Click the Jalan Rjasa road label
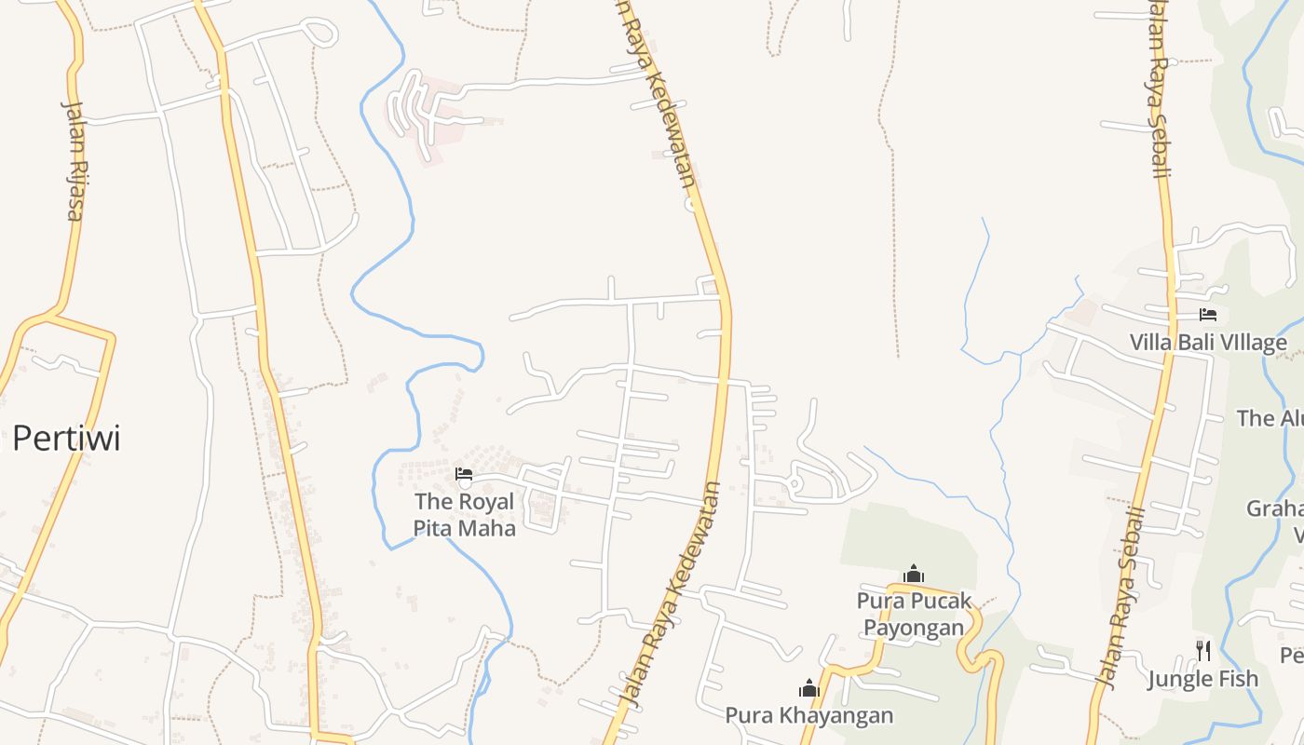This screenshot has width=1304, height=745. pyautogui.click(x=74, y=159)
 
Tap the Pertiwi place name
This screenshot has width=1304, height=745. pyautogui.click(x=66, y=438)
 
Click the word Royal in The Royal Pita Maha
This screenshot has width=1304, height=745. pyautogui.click(x=486, y=502)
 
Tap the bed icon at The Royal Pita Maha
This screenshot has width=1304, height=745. pyautogui.click(x=464, y=475)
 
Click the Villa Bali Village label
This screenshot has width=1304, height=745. pyautogui.click(x=1208, y=343)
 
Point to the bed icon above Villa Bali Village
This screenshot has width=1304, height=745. pyautogui.click(x=1208, y=315)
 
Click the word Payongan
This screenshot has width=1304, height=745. pyautogui.click(x=914, y=627)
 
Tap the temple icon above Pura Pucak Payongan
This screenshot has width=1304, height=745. pyautogui.click(x=914, y=573)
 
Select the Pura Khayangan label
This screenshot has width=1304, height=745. pyautogui.click(x=809, y=715)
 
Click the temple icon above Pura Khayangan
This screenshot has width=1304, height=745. pyautogui.click(x=809, y=688)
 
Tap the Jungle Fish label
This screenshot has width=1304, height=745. pyautogui.click(x=1202, y=679)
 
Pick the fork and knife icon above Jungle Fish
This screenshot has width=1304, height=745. pyautogui.click(x=1202, y=650)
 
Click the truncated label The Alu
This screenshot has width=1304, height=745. pyautogui.click(x=1270, y=418)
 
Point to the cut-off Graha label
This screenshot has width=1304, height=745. pyautogui.click(x=1275, y=509)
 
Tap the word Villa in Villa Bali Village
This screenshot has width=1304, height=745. pyautogui.click(x=1151, y=343)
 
